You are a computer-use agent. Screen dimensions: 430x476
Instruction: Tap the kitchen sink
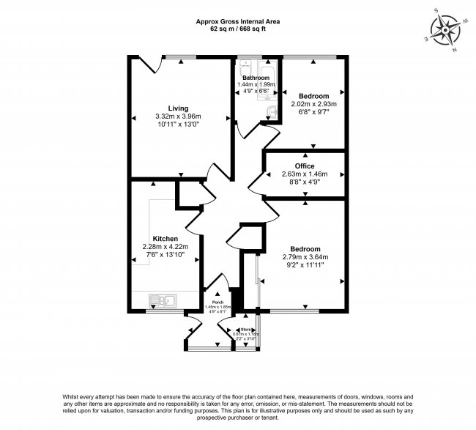pos(163,300)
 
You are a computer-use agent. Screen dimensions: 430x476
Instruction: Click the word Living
pos(177,108)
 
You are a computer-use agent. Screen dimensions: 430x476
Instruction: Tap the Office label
pos(304,166)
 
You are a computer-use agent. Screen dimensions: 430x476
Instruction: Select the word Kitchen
pos(166,239)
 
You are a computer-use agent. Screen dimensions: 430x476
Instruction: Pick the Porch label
pos(217,301)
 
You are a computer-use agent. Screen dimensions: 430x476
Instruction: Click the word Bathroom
pos(256,78)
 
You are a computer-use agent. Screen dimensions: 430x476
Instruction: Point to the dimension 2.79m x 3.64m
pos(304,257)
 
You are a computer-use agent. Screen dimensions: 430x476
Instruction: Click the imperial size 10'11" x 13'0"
pos(177,125)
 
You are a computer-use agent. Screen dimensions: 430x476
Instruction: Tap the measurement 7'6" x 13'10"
pos(166,256)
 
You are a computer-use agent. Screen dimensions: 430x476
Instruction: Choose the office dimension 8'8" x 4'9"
pos(304,182)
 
